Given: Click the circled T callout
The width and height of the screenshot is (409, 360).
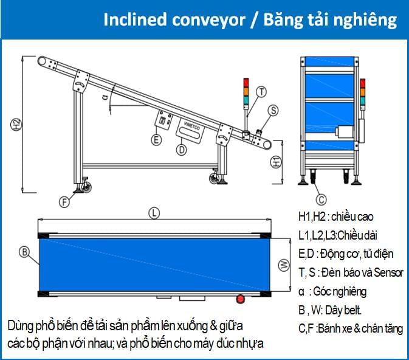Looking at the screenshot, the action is click(x=261, y=92).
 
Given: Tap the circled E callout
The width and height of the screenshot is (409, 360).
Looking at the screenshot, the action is click(x=156, y=140).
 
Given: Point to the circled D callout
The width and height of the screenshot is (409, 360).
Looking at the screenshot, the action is click(x=181, y=148).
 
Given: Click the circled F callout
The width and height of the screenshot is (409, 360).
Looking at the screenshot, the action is click(x=64, y=201).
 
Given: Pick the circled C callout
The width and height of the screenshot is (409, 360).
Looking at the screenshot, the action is click(x=322, y=198).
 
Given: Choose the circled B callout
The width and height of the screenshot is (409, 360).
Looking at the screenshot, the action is click(x=24, y=251).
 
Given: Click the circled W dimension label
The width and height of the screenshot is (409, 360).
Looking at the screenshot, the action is click(x=283, y=265).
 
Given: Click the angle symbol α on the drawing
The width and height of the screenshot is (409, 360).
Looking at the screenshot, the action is click(x=105, y=97).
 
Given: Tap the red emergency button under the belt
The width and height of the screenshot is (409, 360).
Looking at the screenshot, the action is click(x=240, y=299).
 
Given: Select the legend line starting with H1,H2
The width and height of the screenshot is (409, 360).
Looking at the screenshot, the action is click(x=335, y=216).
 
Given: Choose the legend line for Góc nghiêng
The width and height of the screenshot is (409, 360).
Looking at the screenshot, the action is click(x=337, y=291).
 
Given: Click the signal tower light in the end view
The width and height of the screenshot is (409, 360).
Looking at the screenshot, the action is click(x=363, y=91).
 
